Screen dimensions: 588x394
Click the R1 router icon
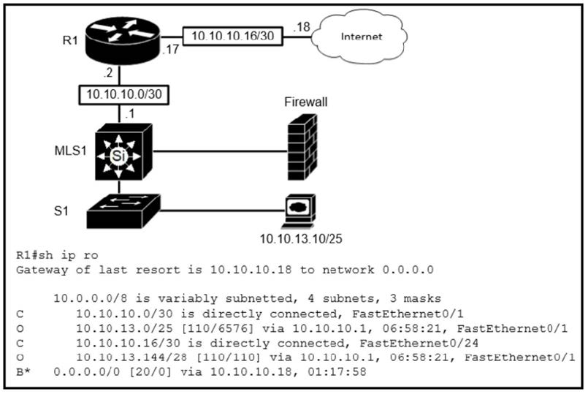[122, 40]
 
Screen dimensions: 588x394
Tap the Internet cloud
[360, 37]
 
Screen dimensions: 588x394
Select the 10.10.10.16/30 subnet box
[232, 37]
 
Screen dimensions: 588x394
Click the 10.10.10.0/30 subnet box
[123, 94]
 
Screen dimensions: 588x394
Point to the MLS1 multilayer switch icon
[123, 152]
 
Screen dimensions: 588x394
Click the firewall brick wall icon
[302, 147]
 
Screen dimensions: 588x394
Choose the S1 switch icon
[123, 211]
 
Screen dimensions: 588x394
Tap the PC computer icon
[299, 211]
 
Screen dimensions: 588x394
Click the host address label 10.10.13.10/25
[301, 238]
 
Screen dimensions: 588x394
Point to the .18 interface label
[302, 27]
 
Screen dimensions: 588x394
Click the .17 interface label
[170, 49]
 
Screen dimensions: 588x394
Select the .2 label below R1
[108, 72]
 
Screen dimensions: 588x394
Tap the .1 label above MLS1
[130, 113]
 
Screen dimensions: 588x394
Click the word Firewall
[305, 102]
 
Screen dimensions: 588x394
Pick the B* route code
[23, 372]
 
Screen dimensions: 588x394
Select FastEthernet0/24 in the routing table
[419, 344]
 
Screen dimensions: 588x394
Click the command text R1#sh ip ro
[57, 255]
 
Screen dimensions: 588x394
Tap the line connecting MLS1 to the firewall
[220, 151]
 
